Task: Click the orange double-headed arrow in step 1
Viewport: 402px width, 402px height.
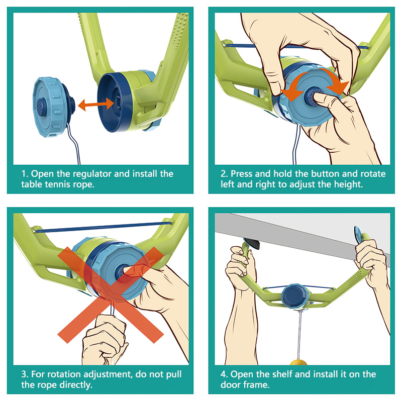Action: coord(95,104)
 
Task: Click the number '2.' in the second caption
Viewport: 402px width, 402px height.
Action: coord(225,174)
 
